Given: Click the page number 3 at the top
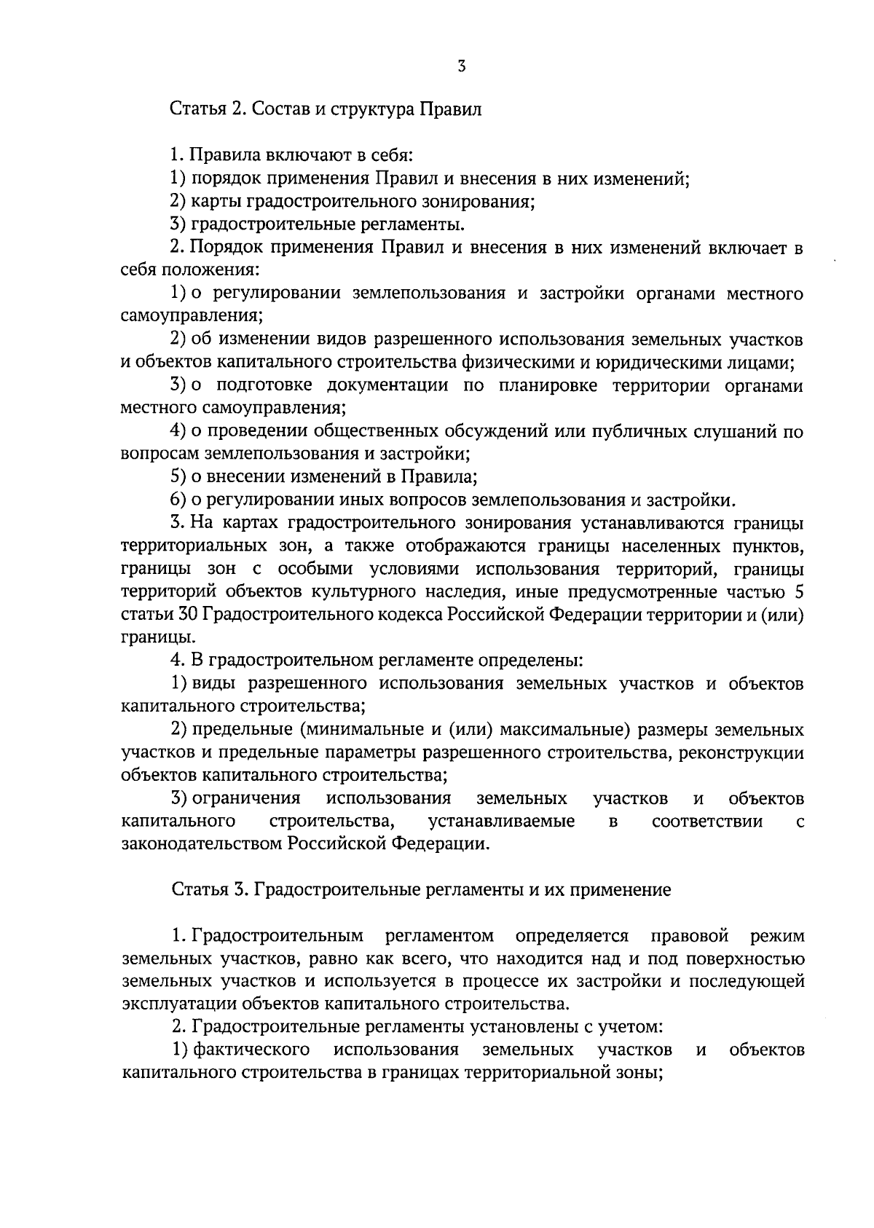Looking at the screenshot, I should point(461,66).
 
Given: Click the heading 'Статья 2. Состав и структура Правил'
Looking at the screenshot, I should point(326,110).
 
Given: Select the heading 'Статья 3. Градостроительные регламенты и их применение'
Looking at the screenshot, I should point(421,890).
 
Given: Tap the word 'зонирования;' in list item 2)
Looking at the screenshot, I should point(487,202).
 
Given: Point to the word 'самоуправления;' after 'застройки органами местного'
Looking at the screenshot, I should point(192,316).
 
